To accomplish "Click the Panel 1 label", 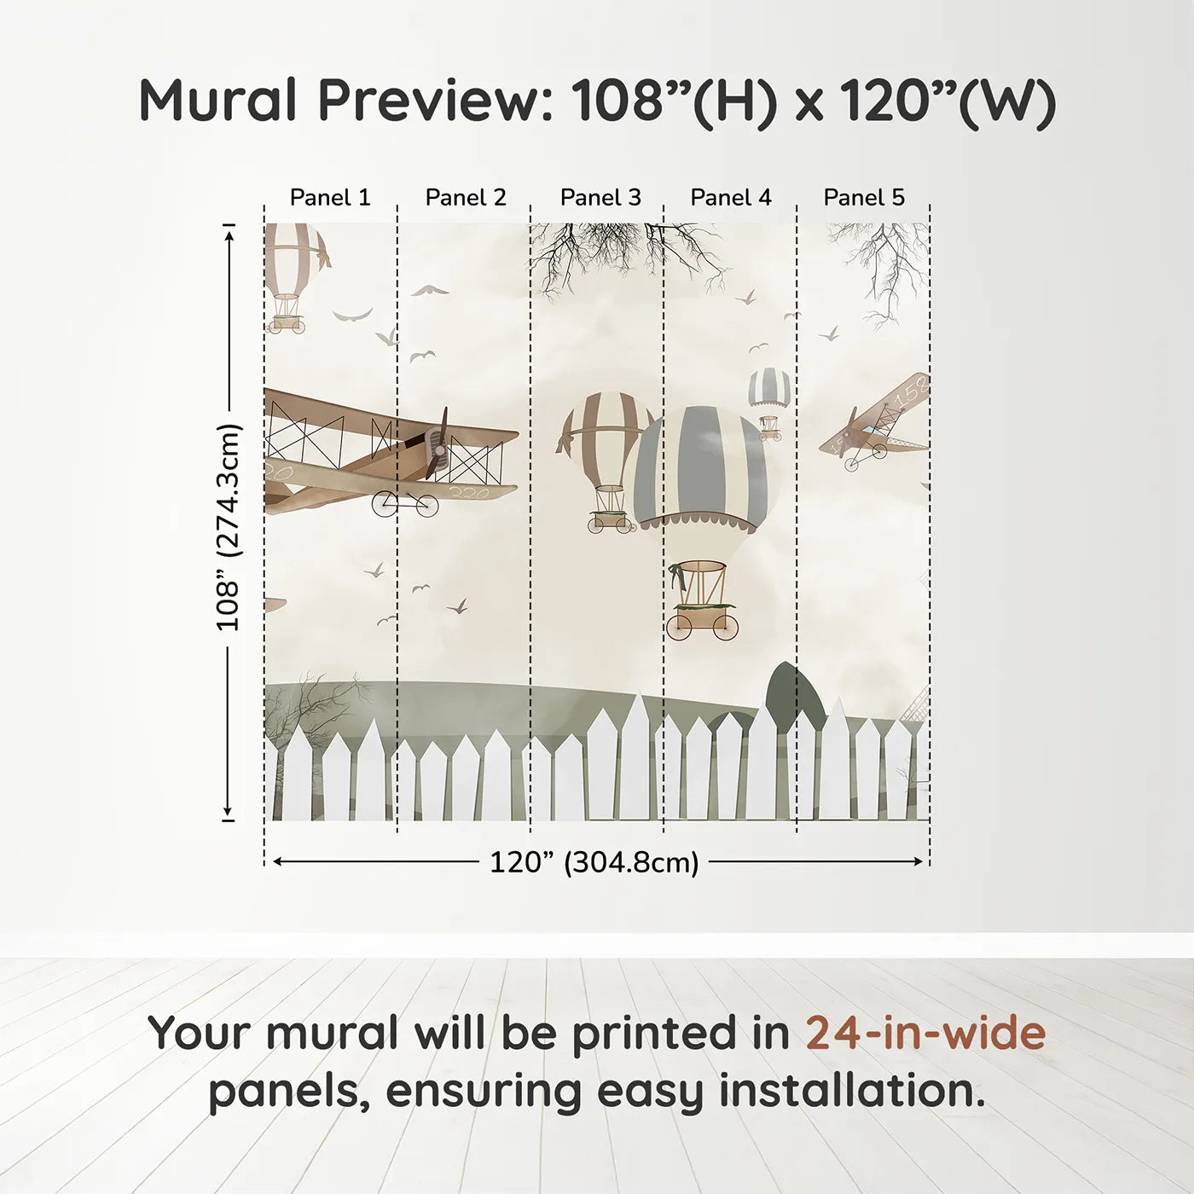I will tap(330, 198).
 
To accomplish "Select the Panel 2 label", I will tap(466, 198).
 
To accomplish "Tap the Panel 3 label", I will tap(600, 198).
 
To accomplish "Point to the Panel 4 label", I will tap(731, 198).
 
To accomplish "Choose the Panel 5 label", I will tap(864, 198).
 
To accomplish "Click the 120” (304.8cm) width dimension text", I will tap(594, 862).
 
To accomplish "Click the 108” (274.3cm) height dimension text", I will tap(229, 527).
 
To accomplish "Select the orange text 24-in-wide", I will tap(925, 1033).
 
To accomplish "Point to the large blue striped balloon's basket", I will tap(702, 601).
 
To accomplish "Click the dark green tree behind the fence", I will tap(795, 691).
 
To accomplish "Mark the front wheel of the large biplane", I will tap(385, 504).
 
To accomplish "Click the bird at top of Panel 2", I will tap(430, 291).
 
